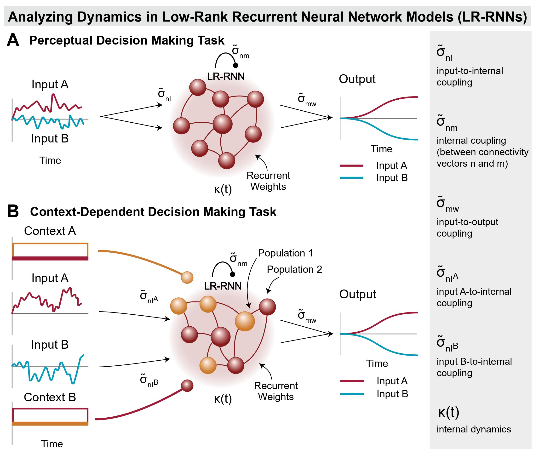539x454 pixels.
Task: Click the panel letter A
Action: pos(13,40)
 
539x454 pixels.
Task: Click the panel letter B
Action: pos(13,212)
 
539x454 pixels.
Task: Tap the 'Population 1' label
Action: pos(285,253)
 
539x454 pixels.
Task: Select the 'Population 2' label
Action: pos(294,269)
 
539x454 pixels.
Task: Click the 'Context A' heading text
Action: pos(50,231)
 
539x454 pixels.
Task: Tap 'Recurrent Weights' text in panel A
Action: pos(268,181)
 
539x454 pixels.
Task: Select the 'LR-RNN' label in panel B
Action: pos(223,286)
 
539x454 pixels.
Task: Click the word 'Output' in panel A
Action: pos(357,79)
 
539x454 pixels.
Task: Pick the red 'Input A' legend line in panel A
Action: pos(351,166)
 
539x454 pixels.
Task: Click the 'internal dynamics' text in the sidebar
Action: pos(474,429)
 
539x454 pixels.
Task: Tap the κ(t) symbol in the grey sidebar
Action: pos(449,412)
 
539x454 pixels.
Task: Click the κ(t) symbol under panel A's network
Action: pos(223,189)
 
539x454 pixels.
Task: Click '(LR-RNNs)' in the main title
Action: pos(492,17)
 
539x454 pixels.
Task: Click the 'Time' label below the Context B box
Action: pos(52,444)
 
